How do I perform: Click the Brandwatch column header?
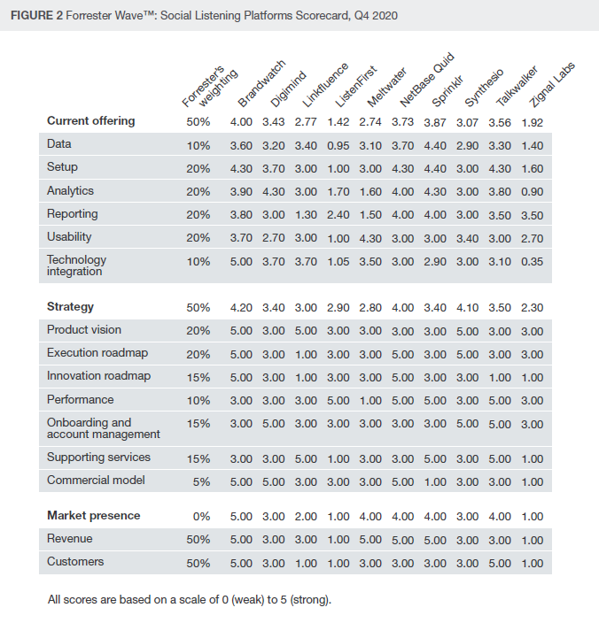click(261, 83)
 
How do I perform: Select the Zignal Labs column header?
click(552, 85)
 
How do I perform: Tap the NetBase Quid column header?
click(427, 80)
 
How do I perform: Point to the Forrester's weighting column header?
click(210, 87)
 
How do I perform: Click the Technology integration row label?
click(76, 265)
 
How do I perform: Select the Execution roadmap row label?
click(97, 353)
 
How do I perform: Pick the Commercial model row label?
click(96, 480)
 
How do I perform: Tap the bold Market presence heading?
click(93, 515)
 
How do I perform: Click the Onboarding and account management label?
click(104, 428)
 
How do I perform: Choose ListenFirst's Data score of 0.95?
click(338, 145)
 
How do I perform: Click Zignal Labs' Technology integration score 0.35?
click(533, 262)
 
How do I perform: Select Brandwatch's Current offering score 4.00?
click(241, 122)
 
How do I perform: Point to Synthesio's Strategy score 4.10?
click(467, 308)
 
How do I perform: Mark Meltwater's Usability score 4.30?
click(370, 238)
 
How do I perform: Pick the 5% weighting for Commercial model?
click(201, 482)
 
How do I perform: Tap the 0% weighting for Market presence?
click(201, 517)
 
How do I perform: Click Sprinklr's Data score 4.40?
click(435, 145)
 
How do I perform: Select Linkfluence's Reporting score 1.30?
click(306, 215)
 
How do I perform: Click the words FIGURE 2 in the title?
click(36, 16)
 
